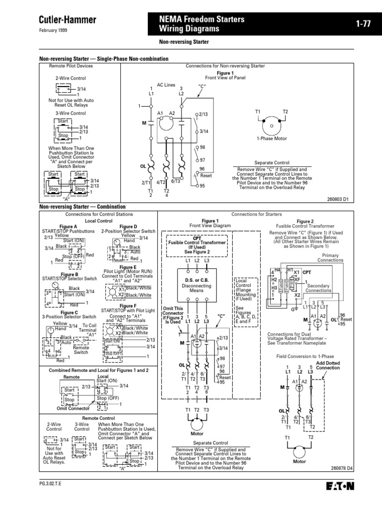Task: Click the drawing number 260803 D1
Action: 354,198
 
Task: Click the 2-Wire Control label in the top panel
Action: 71,78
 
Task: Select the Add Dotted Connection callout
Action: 328,366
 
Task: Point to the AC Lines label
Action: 166,85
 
